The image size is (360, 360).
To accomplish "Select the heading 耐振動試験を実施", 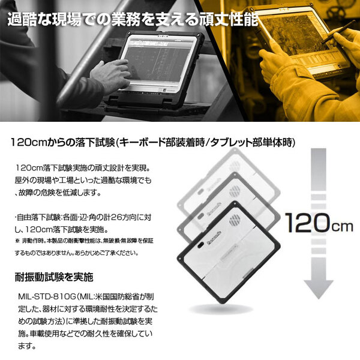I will pyautogui.click(x=54, y=278).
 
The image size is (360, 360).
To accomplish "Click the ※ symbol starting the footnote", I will pyautogui.click(x=17, y=241).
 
